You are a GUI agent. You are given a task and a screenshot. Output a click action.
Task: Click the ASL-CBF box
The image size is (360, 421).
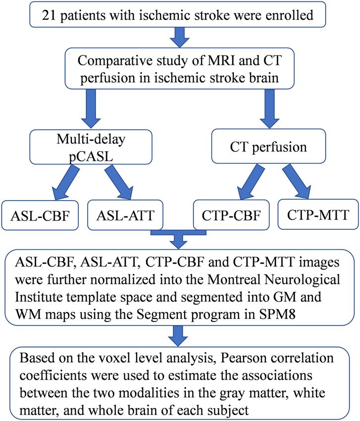click(x=40, y=215)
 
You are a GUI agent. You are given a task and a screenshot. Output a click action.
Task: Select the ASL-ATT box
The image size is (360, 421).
click(x=125, y=215)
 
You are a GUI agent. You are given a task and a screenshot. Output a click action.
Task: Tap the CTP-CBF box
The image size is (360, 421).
click(x=231, y=215)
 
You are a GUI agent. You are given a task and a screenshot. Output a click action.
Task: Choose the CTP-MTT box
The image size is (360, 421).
click(x=318, y=214)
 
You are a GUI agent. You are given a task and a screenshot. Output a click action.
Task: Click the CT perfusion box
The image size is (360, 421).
click(x=268, y=146)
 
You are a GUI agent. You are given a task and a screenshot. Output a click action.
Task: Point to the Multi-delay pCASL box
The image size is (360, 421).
click(x=91, y=147)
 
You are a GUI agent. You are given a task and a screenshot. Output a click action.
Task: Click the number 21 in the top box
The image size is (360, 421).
click(x=49, y=15)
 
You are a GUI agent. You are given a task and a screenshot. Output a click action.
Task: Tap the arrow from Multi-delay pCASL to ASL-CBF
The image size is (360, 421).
click(x=66, y=182)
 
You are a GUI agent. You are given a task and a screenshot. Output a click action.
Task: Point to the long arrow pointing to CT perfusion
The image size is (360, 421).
click(x=269, y=109)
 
